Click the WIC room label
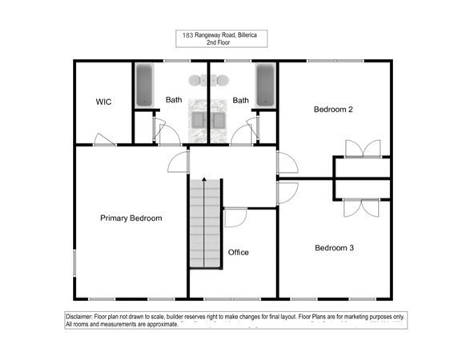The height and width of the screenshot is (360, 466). pyautogui.click(x=102, y=102)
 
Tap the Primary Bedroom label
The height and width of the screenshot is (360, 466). pyautogui.click(x=131, y=218)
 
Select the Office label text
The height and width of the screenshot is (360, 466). pyautogui.click(x=239, y=252)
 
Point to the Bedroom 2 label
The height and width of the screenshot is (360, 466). pyautogui.click(x=334, y=109)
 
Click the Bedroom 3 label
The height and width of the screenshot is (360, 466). pyautogui.click(x=334, y=248)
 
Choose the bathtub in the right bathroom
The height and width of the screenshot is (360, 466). pyautogui.click(x=265, y=86)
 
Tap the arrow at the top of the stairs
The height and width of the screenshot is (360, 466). pyautogui.click(x=204, y=179)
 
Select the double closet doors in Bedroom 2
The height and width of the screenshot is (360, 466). pyautogui.click(x=362, y=149)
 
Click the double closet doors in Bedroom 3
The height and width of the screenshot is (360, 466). pyautogui.click(x=362, y=206)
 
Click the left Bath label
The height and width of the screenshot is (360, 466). pyautogui.click(x=174, y=100)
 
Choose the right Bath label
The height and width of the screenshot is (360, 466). pyautogui.click(x=240, y=100)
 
